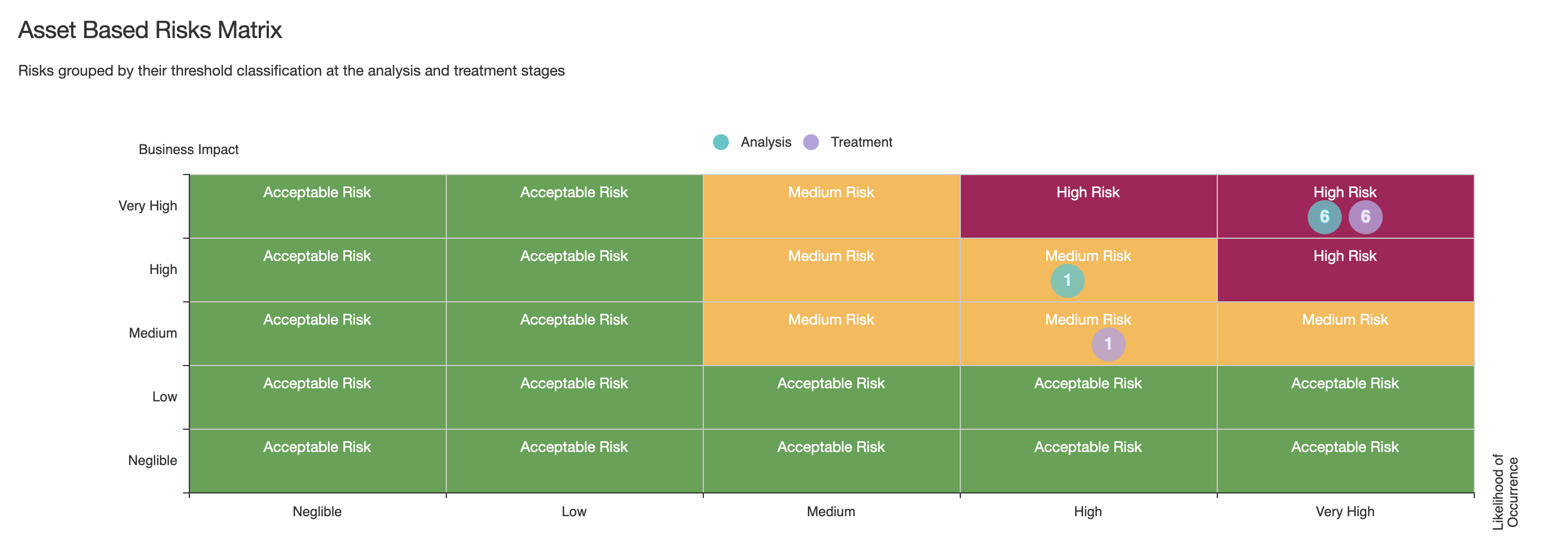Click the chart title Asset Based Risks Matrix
tap(150, 30)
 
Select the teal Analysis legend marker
tap(721, 142)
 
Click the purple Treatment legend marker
tap(811, 142)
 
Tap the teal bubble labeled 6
tap(1324, 217)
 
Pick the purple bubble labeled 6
tap(1365, 217)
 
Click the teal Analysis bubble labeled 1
tap(1068, 281)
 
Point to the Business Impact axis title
tap(189, 150)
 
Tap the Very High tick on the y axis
tap(148, 206)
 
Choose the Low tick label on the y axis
tap(165, 397)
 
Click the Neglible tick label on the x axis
tap(317, 512)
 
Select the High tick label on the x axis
tap(1088, 512)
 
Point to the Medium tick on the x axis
tap(831, 512)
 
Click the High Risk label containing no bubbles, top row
tap(1088, 192)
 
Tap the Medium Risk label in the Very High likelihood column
tap(1345, 320)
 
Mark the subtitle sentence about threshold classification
tap(291, 71)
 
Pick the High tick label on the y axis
tap(163, 269)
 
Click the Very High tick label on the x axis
tap(1345, 512)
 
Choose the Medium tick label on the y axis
tap(153, 333)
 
